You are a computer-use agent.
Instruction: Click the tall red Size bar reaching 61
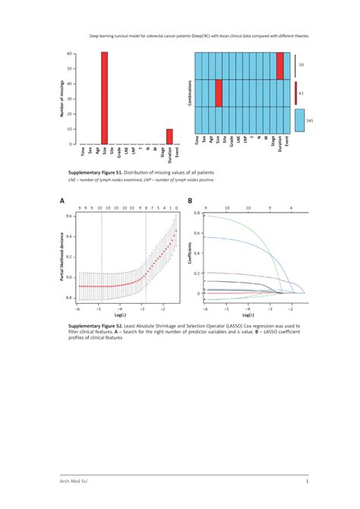(104, 98)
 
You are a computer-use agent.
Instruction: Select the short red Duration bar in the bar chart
(169, 137)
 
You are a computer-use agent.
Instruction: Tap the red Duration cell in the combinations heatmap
(280, 66)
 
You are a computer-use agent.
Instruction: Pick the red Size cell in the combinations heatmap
(219, 93)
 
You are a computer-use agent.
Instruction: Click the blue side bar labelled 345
(298, 120)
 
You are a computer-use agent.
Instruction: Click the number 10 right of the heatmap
(301, 66)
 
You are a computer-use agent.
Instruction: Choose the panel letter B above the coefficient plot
(190, 202)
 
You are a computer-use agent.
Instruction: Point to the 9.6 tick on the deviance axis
(69, 216)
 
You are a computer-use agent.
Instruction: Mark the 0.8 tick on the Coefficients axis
(198, 213)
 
